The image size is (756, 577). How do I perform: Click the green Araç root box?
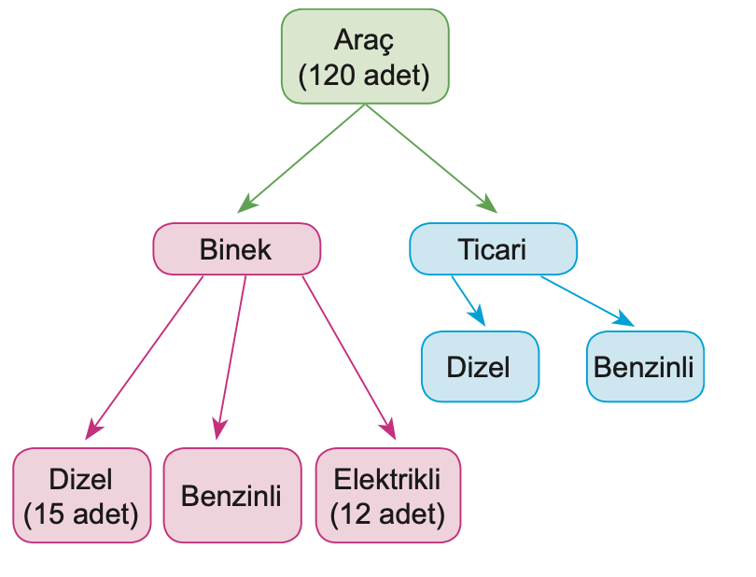[365, 56]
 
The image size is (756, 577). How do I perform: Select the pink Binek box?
[236, 249]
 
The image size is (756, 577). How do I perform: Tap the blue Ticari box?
[493, 249]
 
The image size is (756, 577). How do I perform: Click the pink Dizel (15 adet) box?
[81, 496]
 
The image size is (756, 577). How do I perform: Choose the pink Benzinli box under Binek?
[231, 496]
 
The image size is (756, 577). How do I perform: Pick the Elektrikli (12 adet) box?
[387, 496]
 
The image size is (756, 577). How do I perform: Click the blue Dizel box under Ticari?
[480, 366]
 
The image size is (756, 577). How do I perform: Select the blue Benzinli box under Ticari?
[644, 366]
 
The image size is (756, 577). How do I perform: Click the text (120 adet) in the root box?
[365, 75]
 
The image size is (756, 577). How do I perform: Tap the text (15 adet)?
[81, 513]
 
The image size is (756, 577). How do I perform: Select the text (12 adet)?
[387, 513]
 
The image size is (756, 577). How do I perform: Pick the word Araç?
[365, 41]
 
